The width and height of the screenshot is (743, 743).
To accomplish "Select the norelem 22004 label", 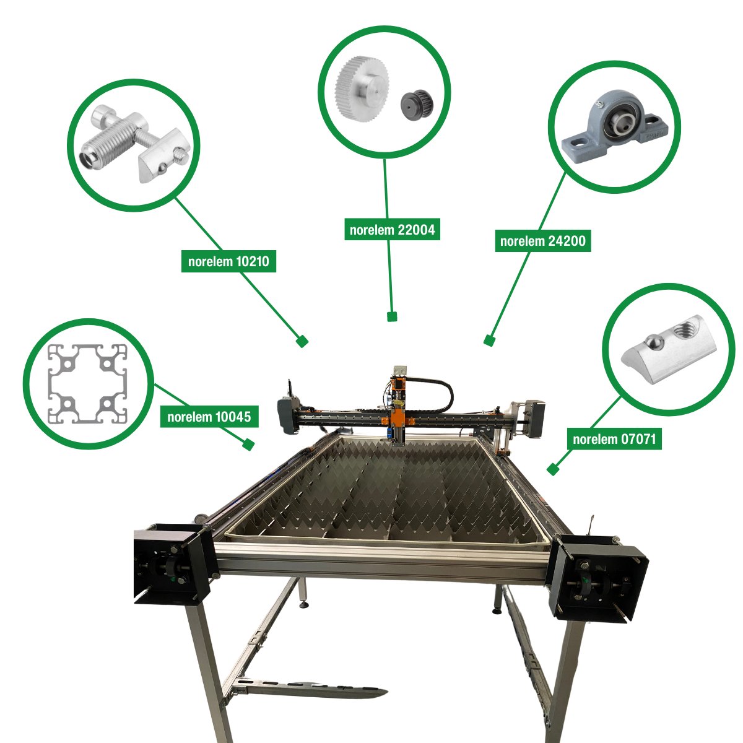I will pyautogui.click(x=392, y=230).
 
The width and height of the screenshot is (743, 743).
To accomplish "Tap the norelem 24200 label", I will pyautogui.click(x=542, y=241).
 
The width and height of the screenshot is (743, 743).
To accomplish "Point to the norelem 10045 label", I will pyautogui.click(x=209, y=417).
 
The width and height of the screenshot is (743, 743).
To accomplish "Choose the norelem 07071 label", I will pyautogui.click(x=614, y=439).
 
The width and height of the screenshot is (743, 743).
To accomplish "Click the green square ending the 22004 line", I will pyautogui.click(x=391, y=316).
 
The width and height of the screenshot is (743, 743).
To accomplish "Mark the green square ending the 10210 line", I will pyautogui.click(x=302, y=341).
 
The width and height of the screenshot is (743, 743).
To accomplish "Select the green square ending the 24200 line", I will pyautogui.click(x=489, y=340).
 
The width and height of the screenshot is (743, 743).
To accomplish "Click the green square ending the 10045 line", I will pyautogui.click(x=249, y=444).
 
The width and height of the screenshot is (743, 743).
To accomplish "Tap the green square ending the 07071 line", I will pyautogui.click(x=553, y=469).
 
